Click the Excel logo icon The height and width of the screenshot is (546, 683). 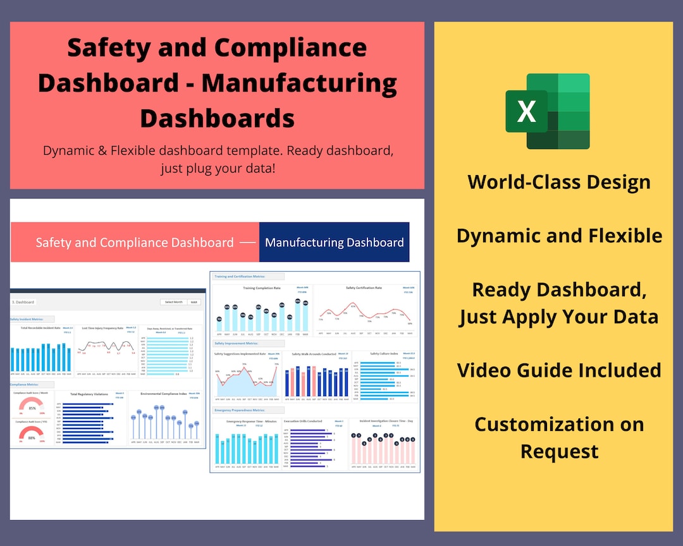tap(548, 111)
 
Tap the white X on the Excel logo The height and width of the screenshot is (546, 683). tap(526, 111)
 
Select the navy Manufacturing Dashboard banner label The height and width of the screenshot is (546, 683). tap(334, 242)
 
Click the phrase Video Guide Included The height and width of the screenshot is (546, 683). tap(559, 370)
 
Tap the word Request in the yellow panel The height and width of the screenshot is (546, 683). tap(559, 451)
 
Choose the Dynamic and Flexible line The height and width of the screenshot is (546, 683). tap(559, 236)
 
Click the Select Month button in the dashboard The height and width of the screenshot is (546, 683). tap(174, 302)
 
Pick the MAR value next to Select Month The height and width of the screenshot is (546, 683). tap(195, 302)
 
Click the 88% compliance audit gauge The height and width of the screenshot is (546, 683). tap(32, 435)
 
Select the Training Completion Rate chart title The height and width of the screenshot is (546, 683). tap(262, 288)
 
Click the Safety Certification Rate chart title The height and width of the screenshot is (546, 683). tap(364, 288)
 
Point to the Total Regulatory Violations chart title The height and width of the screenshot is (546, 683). tap(89, 394)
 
